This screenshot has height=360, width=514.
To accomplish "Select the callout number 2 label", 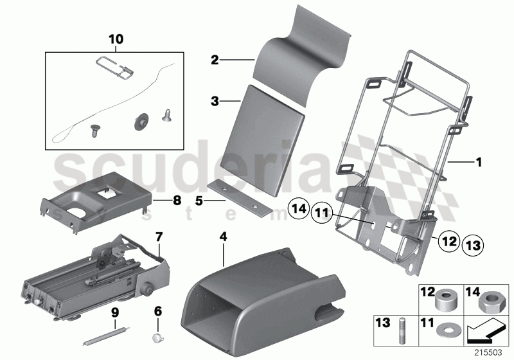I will tap(215, 60).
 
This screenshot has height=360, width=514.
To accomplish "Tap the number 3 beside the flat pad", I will tap(215, 101).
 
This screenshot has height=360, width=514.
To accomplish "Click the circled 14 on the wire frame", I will tap(297, 209).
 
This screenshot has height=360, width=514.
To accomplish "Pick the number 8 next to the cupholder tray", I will tap(177, 200).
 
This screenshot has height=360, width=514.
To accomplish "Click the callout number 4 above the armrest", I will tap(223, 237).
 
